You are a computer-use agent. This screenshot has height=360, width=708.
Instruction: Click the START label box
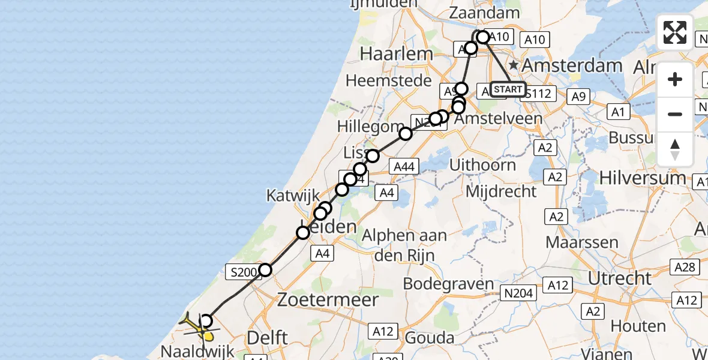[x=508, y=89]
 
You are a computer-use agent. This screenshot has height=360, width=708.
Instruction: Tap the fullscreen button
[x=675, y=32]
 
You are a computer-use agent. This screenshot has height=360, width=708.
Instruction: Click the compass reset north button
[x=675, y=149]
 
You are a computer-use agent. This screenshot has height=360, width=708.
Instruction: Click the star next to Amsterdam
[x=514, y=64]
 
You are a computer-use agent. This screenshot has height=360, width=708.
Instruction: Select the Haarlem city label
[x=397, y=54]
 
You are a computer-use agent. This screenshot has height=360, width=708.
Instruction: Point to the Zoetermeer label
[x=328, y=300]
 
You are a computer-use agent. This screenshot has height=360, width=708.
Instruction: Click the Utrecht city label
[x=620, y=278]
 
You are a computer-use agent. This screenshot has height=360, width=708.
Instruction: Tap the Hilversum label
[x=648, y=178]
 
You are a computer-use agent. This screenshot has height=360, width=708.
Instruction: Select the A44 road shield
[x=403, y=166]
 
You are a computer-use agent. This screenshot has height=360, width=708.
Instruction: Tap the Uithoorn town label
[x=491, y=165]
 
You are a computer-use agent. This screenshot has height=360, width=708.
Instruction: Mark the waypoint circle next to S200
[x=265, y=270]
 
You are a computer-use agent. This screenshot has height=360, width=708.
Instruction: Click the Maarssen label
[x=581, y=243]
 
